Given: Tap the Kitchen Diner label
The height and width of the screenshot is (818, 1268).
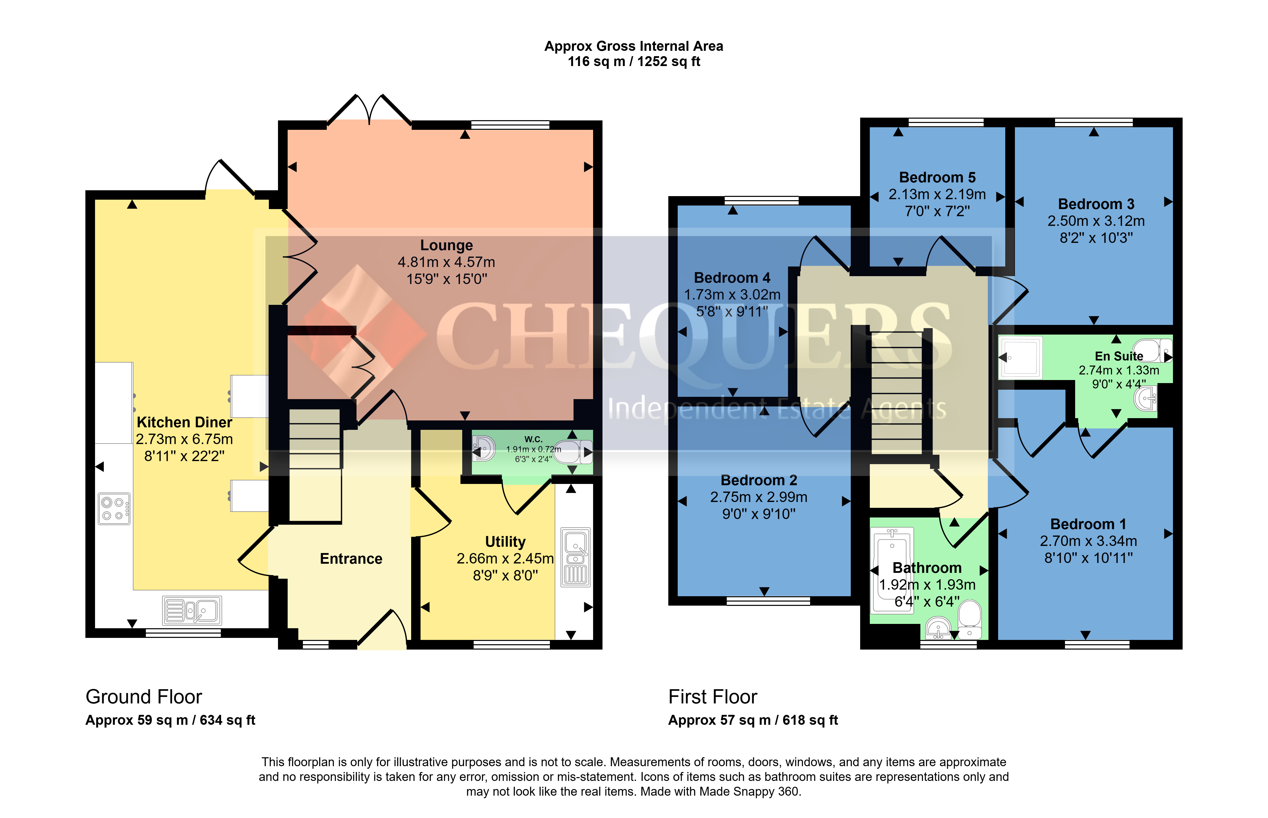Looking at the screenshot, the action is [184, 422].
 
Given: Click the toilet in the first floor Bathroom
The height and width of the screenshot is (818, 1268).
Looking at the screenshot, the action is [970, 619].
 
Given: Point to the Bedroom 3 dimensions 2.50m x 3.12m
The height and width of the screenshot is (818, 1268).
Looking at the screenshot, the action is [1096, 221].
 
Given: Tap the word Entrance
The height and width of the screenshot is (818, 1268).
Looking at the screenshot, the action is [351, 559].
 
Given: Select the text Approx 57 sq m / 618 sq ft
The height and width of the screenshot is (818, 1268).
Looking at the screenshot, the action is [753, 720].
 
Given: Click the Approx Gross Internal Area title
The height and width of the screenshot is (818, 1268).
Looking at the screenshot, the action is [634, 46].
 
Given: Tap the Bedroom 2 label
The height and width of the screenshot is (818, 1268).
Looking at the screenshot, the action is [759, 480].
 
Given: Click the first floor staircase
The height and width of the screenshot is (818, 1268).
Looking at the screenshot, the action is [897, 393].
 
